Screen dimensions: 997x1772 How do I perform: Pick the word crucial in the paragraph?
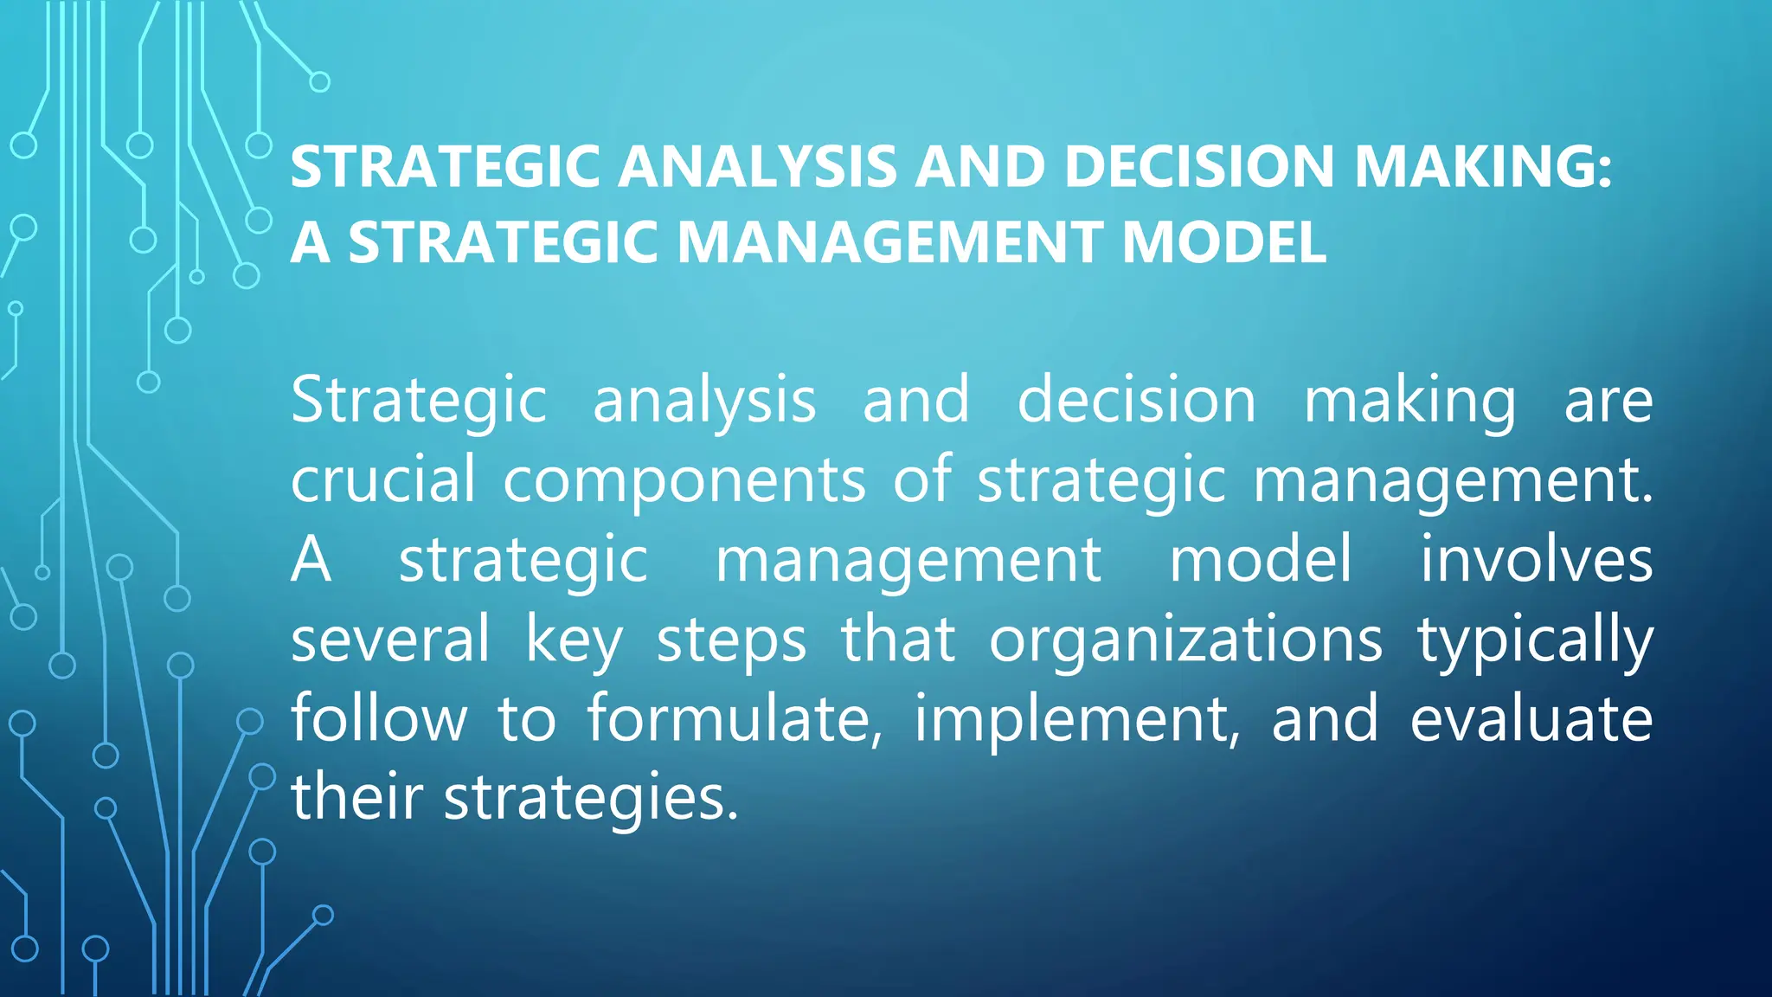pos(383,479)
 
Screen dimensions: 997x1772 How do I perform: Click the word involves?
pos(1537,559)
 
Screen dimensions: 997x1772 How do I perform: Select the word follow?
pos(379,718)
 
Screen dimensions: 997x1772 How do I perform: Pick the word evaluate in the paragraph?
pos(1531,718)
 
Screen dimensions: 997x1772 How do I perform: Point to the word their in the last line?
pos(356,797)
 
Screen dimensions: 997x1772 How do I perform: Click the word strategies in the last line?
pos(591,799)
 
